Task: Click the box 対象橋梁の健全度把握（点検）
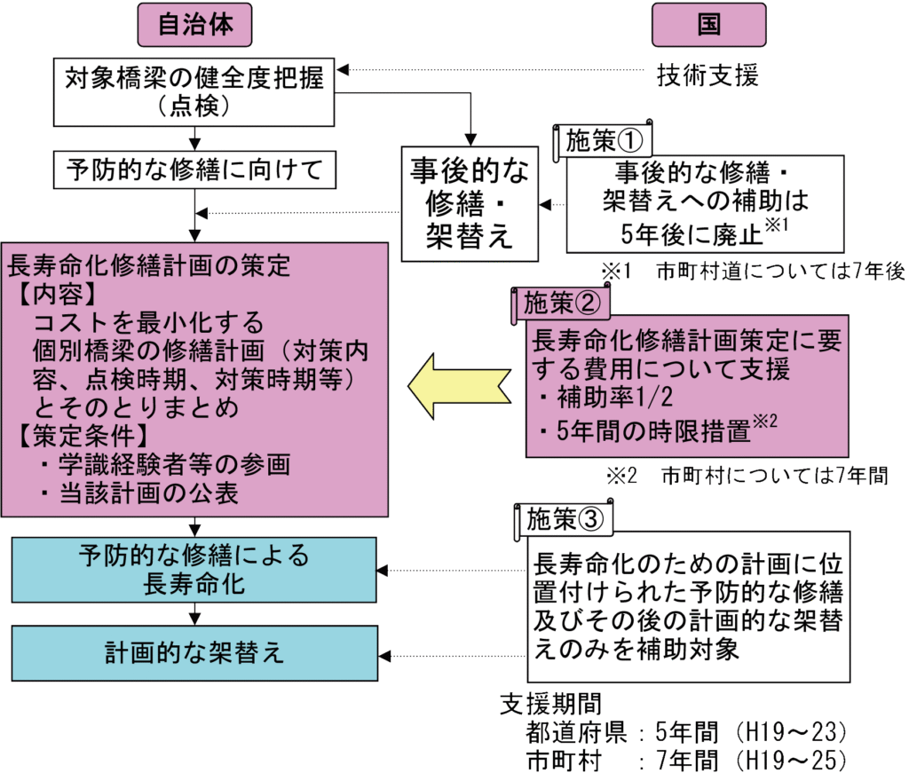(x=194, y=92)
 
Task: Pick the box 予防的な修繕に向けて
(x=194, y=169)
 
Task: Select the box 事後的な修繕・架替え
(x=469, y=203)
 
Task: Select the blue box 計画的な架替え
(x=194, y=653)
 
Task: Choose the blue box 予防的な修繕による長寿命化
(x=194, y=570)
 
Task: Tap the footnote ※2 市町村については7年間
(x=747, y=476)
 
